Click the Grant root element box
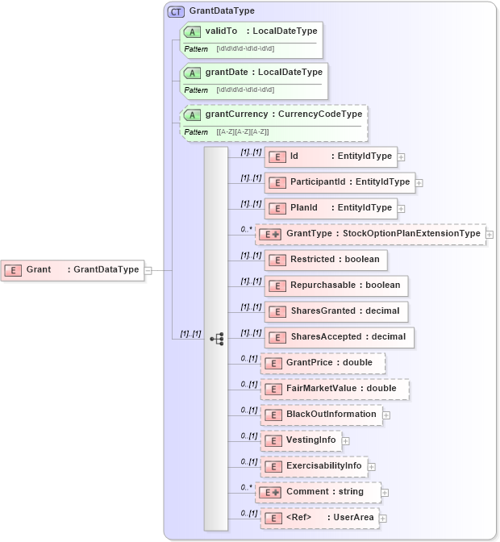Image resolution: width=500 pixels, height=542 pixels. point(73,269)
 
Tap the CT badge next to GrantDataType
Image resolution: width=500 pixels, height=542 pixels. point(175,11)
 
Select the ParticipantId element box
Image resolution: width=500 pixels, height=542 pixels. point(340,182)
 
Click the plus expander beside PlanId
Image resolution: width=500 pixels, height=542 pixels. point(401,208)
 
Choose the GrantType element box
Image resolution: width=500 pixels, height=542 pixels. point(370,234)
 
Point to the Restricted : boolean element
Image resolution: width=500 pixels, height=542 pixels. point(326,260)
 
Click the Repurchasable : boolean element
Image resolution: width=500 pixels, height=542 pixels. point(335,286)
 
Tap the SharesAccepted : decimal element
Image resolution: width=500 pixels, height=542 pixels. point(339,337)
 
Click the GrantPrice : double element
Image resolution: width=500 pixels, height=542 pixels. point(323,363)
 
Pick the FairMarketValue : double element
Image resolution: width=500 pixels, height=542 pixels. point(335,389)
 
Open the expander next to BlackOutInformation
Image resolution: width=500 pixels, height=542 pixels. point(386,415)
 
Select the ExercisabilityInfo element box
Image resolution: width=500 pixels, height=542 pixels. point(315,466)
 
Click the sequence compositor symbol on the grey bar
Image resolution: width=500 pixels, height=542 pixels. point(216,339)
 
